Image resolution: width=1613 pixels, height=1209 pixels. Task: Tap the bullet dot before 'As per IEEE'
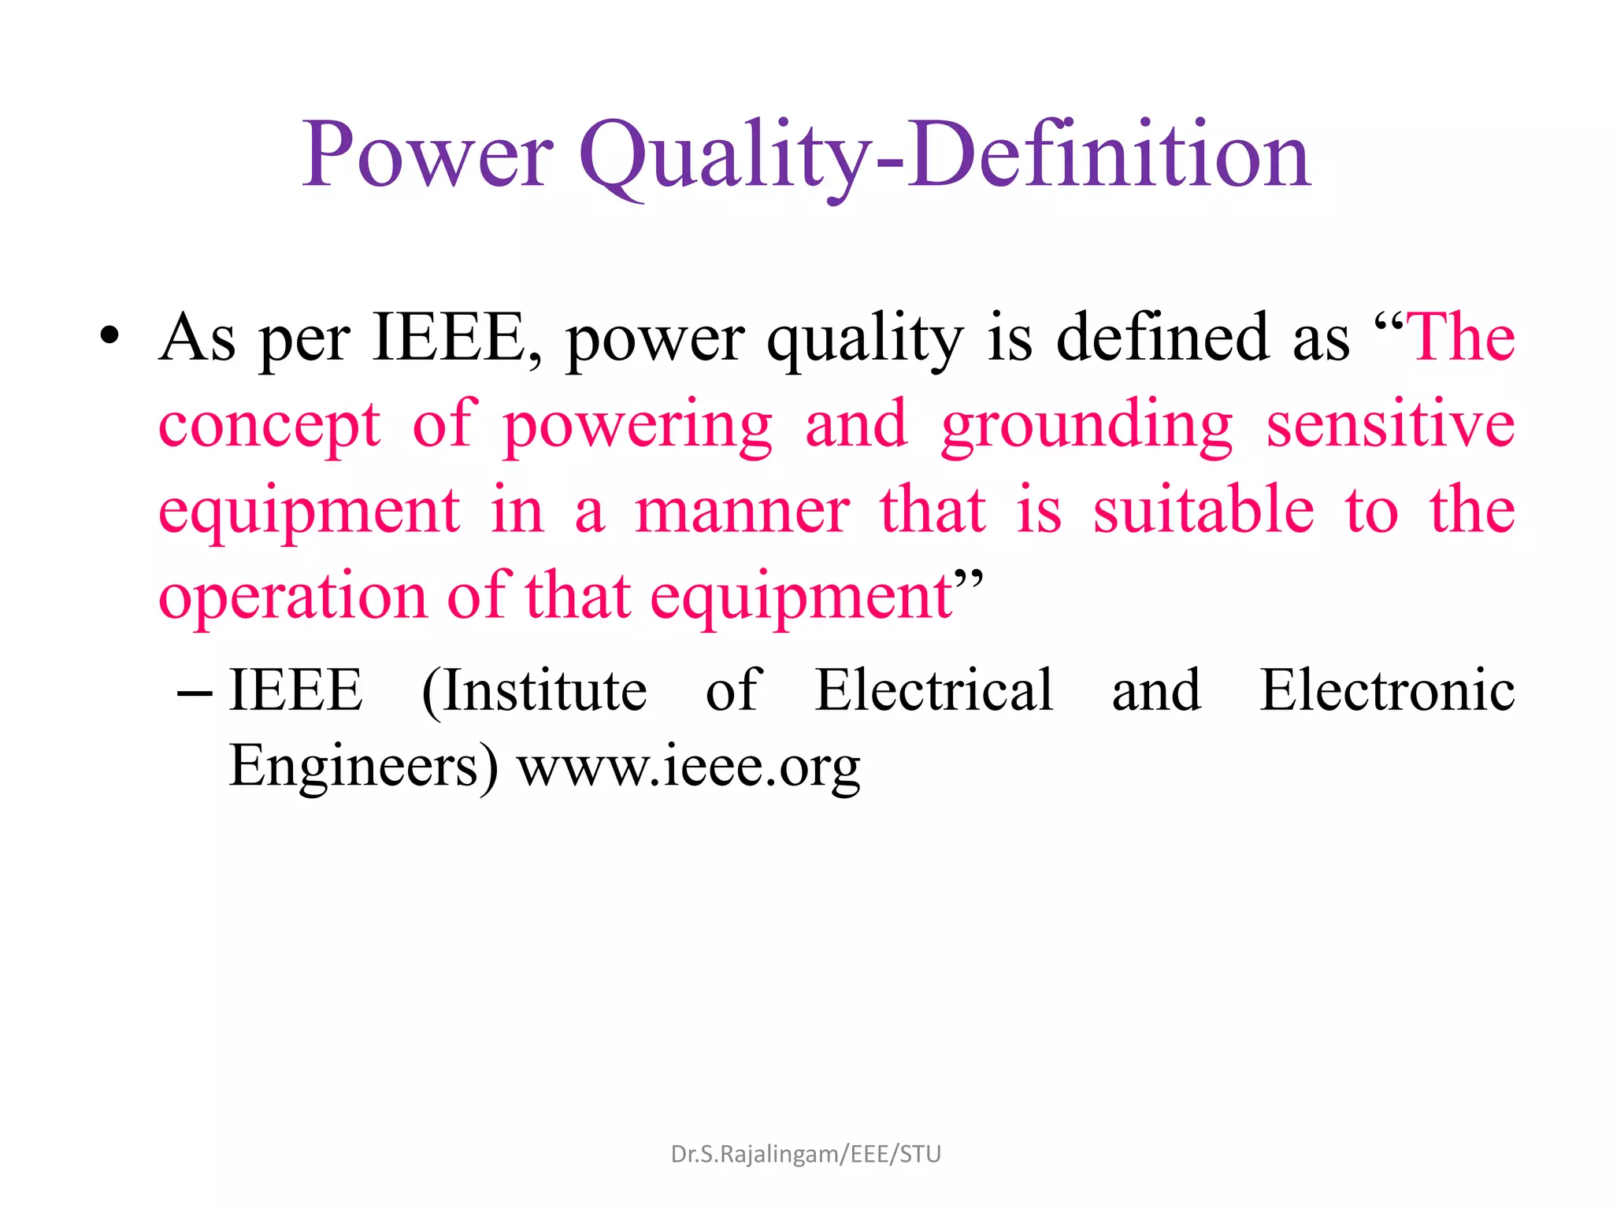109,336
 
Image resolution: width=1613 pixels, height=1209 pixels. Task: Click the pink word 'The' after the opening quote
1463,338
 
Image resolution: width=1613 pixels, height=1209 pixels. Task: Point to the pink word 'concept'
269,426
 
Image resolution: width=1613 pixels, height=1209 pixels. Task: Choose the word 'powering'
637,426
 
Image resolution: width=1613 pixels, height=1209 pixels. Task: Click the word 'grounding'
1086,426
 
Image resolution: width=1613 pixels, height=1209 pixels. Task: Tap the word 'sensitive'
1390,424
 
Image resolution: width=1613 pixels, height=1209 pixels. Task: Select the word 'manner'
742,512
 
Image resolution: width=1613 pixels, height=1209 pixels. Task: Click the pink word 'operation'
292,597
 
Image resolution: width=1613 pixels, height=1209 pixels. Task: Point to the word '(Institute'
534,690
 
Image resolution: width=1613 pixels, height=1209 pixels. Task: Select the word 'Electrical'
933,690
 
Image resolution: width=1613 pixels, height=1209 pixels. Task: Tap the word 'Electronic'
1387,690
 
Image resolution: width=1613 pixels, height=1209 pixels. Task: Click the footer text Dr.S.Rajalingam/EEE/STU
806,1154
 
